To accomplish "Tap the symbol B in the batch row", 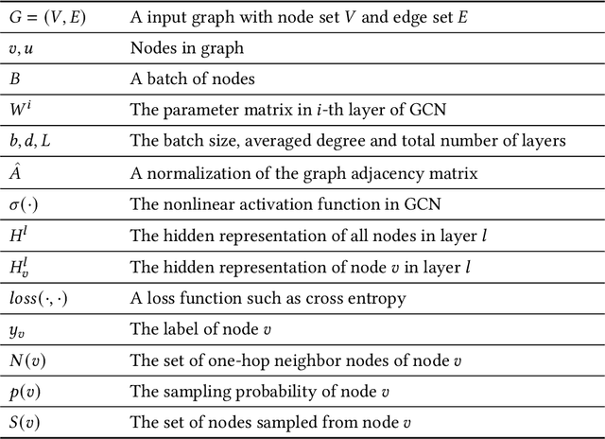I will coord(14,78).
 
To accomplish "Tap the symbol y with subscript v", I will coord(17,329).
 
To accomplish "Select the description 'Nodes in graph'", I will coord(182,46).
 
